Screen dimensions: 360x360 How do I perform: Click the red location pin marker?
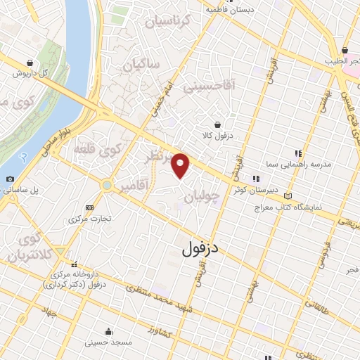tap(181, 165)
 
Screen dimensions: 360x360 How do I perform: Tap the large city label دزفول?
tap(211, 247)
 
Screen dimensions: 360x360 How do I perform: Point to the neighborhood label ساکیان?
tap(141, 66)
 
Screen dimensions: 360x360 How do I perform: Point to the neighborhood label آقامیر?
tap(134, 186)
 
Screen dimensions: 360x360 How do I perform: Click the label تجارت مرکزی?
tap(90, 219)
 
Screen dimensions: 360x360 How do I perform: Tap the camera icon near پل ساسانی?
tap(10, 179)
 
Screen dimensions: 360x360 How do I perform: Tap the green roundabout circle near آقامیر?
tap(106, 186)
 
